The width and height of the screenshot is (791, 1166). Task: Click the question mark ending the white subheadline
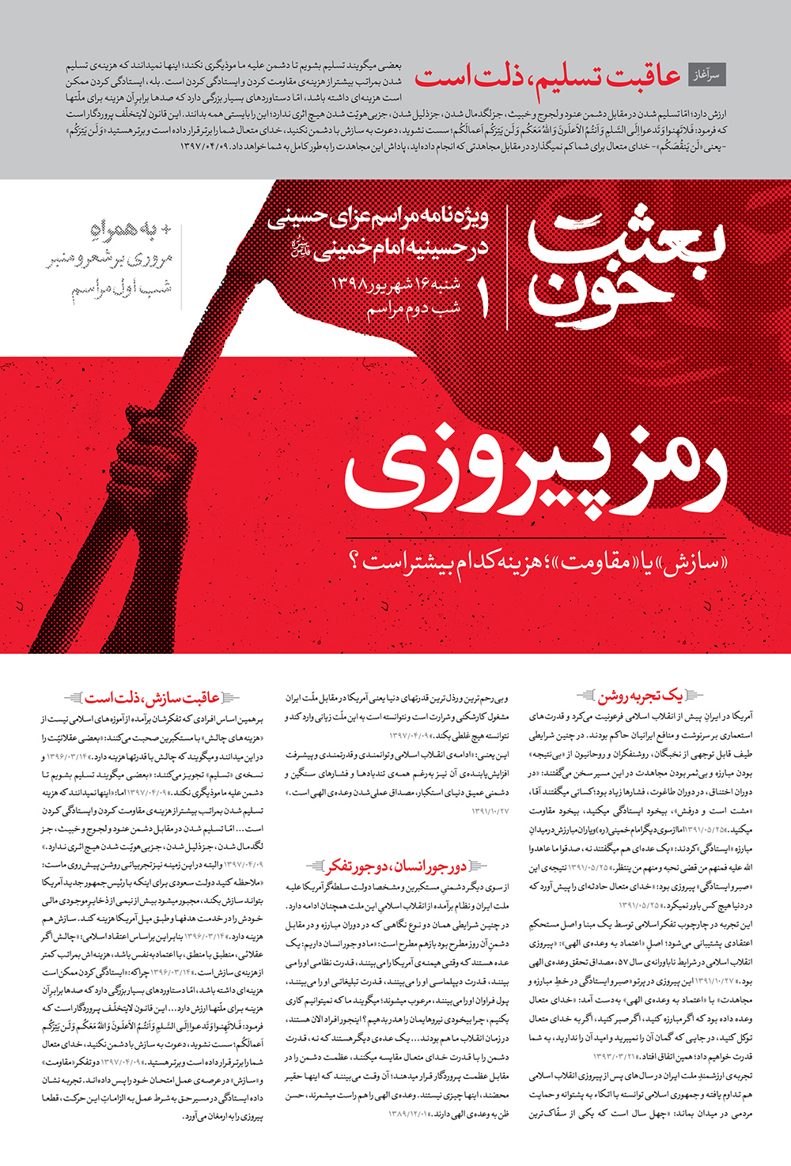[x=354, y=564]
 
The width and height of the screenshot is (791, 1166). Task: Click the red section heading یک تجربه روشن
[x=639, y=696]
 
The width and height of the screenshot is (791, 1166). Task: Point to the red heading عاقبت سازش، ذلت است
[x=153, y=698]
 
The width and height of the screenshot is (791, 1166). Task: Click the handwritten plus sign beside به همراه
[x=165, y=229]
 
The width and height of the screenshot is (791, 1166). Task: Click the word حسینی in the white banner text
[x=297, y=217]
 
